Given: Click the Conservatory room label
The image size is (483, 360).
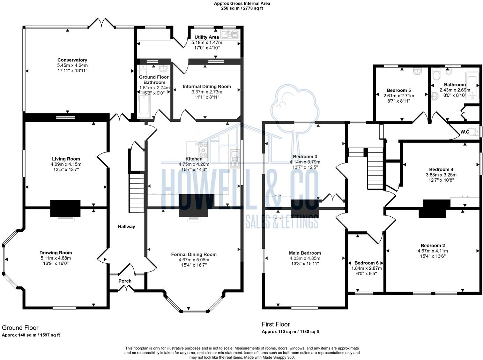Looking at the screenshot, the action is (72, 60).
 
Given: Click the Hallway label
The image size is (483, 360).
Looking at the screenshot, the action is (127, 226).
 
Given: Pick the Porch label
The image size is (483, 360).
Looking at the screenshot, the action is (125, 281).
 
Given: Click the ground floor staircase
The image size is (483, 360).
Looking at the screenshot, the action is (136, 193).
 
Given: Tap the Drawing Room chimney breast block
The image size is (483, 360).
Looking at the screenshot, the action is (65, 208).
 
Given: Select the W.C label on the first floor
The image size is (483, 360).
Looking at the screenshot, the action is (465, 132).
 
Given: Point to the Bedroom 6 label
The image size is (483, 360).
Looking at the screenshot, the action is (366, 263).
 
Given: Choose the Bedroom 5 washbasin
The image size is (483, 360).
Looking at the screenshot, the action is (417, 71).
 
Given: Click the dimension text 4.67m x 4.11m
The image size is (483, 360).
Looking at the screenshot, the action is (433, 251).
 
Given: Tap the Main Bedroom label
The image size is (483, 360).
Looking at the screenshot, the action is (305, 253).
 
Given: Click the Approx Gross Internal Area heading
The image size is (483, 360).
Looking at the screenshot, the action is (242, 3).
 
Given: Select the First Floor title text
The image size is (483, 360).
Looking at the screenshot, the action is (276, 324).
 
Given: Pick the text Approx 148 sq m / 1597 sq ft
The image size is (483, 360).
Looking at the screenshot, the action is (31, 335).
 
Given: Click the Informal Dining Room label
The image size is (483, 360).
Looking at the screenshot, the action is (207, 87).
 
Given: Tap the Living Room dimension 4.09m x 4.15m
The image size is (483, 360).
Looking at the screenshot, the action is (66, 164).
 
